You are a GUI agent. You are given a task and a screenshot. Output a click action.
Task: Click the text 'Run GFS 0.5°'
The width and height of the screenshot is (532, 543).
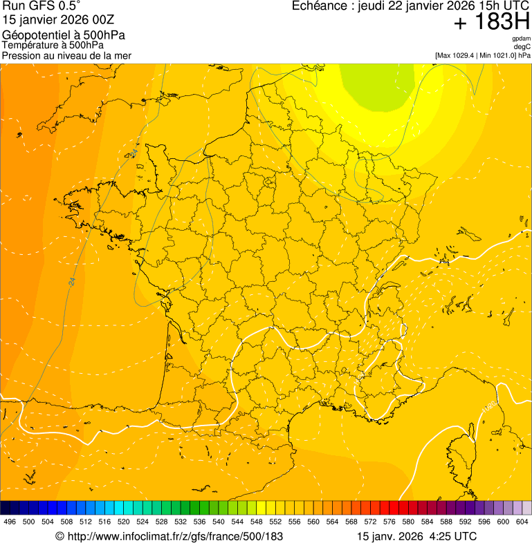point(41,6)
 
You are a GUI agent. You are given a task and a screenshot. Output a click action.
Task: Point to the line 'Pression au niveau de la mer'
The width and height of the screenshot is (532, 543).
point(66,55)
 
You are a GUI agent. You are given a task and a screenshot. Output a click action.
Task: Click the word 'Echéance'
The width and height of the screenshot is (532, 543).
point(320,6)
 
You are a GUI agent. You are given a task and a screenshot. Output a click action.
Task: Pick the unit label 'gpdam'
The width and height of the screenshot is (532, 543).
point(521,39)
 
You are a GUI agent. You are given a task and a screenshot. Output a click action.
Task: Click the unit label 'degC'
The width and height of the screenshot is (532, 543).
point(522,46)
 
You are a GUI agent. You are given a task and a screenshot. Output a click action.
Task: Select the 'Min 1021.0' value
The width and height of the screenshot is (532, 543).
point(496,55)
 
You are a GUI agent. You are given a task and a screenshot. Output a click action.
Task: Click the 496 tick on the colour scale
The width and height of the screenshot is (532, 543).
point(10,522)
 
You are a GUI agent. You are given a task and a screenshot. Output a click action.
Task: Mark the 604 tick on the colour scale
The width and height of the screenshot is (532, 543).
point(522,522)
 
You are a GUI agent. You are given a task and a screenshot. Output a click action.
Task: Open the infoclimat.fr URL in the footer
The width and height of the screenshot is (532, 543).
point(169,536)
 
